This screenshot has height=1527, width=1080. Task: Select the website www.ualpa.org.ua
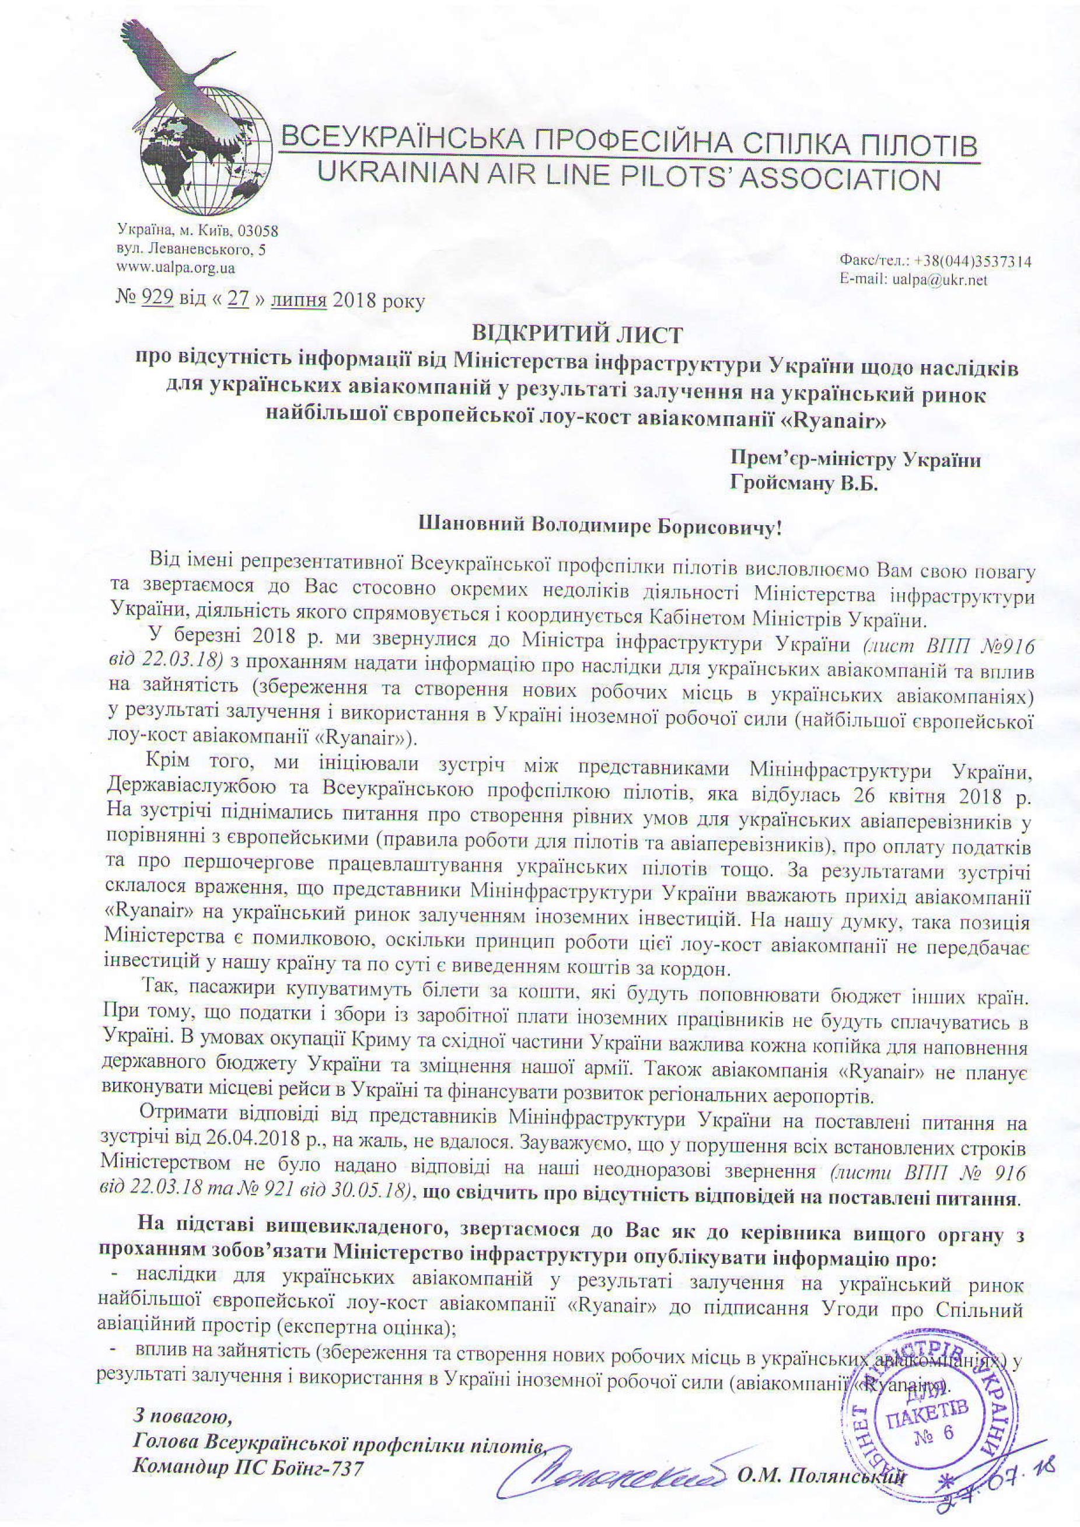176,268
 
